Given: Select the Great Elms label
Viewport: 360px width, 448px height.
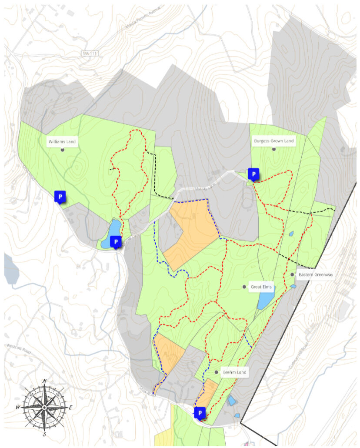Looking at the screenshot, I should click(x=261, y=287).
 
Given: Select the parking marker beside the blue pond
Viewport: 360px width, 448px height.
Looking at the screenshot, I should click(x=116, y=241).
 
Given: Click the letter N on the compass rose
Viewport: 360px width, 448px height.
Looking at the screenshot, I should click(x=44, y=381).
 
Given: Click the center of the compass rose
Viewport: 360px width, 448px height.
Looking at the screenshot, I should click(x=44, y=407).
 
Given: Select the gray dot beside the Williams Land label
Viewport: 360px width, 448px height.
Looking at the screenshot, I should click(x=63, y=150).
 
